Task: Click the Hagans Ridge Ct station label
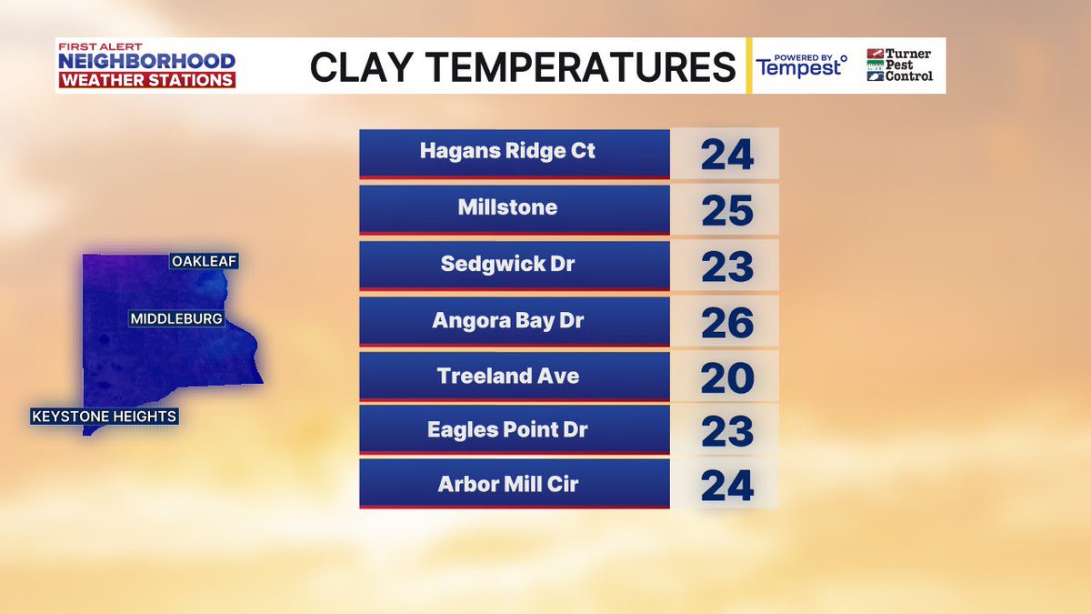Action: click(507, 151)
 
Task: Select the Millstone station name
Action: click(507, 207)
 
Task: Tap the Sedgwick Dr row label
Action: click(507, 264)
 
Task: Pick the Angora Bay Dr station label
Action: click(507, 320)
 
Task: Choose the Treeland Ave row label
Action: click(507, 376)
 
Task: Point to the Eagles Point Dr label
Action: click(507, 430)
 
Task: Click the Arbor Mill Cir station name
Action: click(507, 484)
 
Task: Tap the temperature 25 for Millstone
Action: click(727, 211)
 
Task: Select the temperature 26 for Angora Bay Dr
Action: click(727, 323)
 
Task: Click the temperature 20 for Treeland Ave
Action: click(727, 378)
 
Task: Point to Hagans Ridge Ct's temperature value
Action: click(727, 155)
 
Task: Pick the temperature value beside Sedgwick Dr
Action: click(727, 267)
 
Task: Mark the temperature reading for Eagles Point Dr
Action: click(727, 432)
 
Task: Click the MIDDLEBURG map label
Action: click(176, 319)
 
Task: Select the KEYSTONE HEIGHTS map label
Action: click(104, 417)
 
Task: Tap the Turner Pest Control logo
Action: click(899, 65)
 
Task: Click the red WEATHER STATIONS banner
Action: click(146, 80)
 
